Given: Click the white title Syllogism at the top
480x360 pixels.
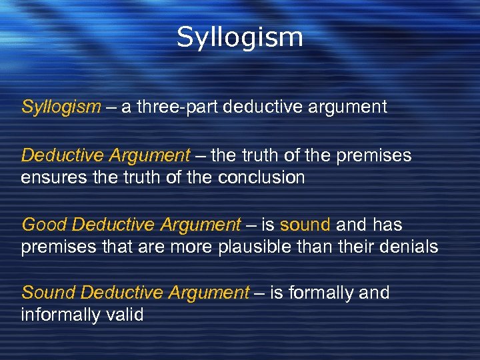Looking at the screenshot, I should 239,38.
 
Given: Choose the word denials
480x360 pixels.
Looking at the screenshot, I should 409,247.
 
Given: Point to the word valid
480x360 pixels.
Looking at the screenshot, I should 127,315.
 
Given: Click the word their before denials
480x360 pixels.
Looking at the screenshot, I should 355,247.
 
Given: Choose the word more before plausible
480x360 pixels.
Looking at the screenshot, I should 214,247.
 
